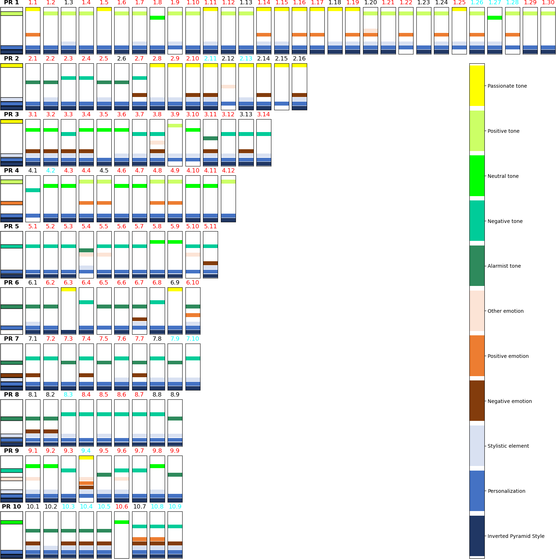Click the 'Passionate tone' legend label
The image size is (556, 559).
click(507, 86)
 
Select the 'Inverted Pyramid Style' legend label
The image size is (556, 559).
click(516, 536)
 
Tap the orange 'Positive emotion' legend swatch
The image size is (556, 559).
click(477, 356)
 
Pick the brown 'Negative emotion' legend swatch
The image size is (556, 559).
click(477, 400)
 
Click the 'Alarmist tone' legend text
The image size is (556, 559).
click(504, 266)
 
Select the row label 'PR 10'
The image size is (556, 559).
click(11, 506)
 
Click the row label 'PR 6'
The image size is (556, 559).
click(11, 282)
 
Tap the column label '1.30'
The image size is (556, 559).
click(548, 3)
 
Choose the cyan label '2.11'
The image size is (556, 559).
click(211, 58)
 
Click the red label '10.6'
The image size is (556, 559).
click(122, 506)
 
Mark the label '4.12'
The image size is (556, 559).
click(228, 170)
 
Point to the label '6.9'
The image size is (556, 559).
click(175, 282)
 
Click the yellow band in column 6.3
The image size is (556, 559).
click(68, 289)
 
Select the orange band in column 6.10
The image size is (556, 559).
click(193, 315)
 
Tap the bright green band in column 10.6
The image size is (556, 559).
click(122, 522)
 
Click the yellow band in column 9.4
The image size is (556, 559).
click(86, 457)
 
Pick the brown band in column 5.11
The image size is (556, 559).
click(211, 263)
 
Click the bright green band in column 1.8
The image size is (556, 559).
click(157, 18)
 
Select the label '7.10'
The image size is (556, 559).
click(193, 339)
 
